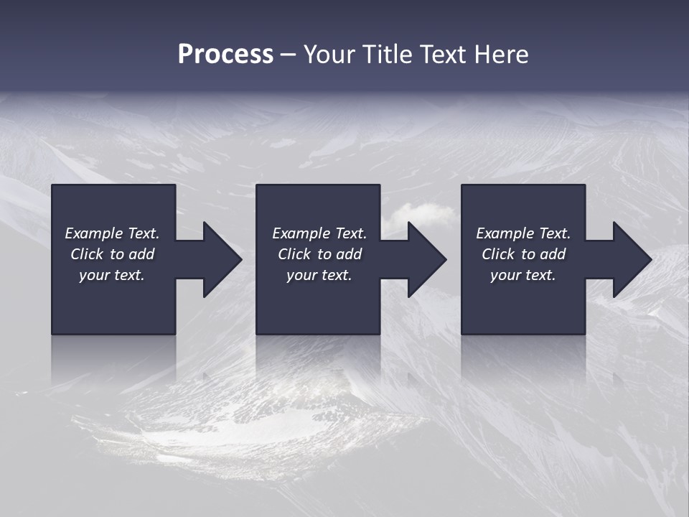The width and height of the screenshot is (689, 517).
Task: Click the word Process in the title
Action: (x=225, y=55)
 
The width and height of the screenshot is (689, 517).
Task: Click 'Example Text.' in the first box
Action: (x=112, y=233)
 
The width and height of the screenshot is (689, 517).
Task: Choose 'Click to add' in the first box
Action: (x=112, y=254)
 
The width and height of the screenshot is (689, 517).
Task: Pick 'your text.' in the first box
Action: (x=112, y=275)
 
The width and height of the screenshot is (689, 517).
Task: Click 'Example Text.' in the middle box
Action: (x=319, y=233)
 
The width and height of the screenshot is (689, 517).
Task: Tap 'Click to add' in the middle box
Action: (x=319, y=254)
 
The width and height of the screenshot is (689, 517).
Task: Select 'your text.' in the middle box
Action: (x=319, y=275)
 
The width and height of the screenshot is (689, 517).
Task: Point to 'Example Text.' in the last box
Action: (x=523, y=233)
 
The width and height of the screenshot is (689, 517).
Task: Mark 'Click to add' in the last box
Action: (x=523, y=254)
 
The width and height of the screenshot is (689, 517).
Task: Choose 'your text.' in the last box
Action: (x=523, y=275)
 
